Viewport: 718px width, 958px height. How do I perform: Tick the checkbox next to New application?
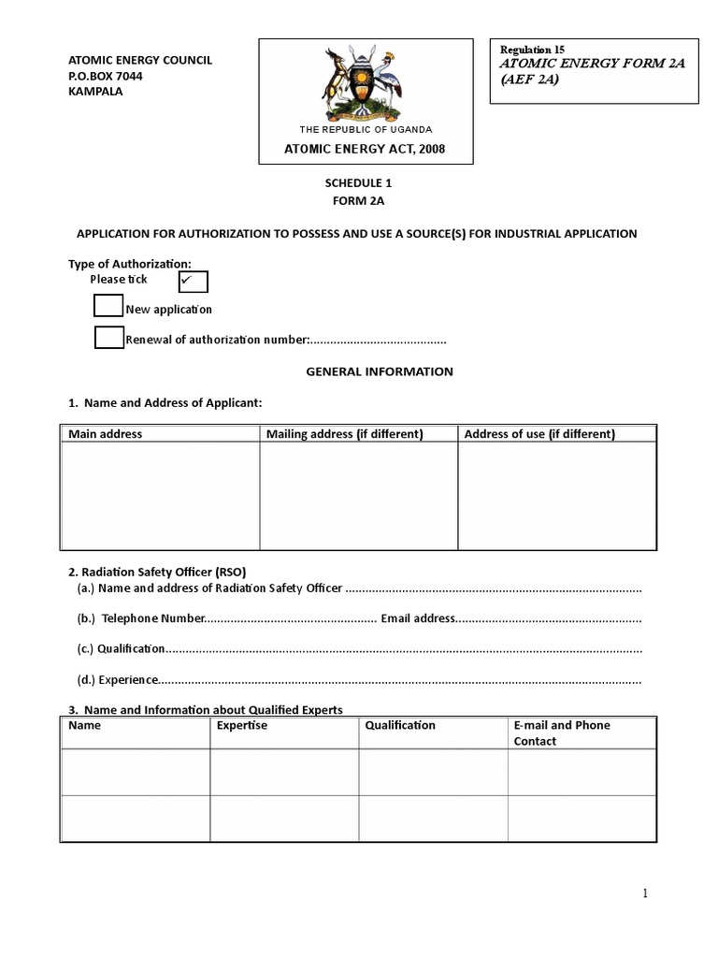(x=108, y=307)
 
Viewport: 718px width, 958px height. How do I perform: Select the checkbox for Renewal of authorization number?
(x=108, y=338)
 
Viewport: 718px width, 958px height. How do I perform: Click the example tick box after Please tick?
(x=192, y=281)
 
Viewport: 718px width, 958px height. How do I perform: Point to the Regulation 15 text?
(x=533, y=50)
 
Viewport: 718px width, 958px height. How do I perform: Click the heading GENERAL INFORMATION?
(x=380, y=371)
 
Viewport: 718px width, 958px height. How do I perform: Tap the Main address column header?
(x=105, y=434)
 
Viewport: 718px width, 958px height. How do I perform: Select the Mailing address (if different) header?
(x=345, y=434)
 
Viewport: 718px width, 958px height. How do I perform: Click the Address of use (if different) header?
(x=539, y=434)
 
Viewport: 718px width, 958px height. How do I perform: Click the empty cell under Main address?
(x=160, y=496)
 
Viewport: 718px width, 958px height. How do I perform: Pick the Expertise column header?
(x=241, y=725)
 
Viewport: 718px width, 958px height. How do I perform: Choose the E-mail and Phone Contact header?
(x=561, y=733)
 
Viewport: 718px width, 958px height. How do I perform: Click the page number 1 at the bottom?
(x=644, y=893)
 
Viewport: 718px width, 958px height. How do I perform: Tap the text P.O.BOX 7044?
(x=106, y=76)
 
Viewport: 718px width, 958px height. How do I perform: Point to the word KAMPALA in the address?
(x=95, y=92)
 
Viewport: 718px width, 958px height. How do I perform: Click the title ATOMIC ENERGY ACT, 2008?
(x=365, y=150)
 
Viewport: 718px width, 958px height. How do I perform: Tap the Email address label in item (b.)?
(x=418, y=618)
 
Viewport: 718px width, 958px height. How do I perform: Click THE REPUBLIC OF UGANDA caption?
(x=366, y=129)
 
